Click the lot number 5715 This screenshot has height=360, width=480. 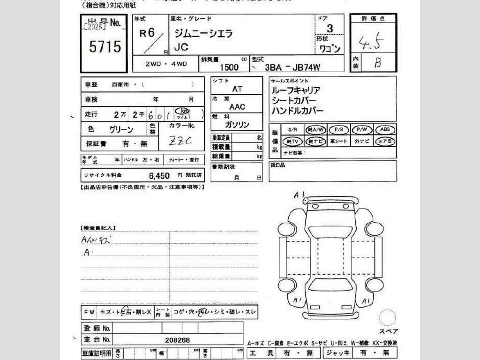pyautogui.click(x=105, y=46)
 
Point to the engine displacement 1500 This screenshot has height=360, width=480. pyautogui.click(x=229, y=67)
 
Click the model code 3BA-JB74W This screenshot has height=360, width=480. pyautogui.click(x=292, y=67)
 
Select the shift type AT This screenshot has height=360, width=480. pyautogui.click(x=237, y=89)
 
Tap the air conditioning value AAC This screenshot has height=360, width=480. pyautogui.click(x=237, y=107)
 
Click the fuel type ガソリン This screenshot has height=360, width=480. pyautogui.click(x=237, y=125)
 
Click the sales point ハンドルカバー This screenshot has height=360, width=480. pyautogui.click(x=297, y=111)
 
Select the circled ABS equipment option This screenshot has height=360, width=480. pyautogui.click(x=385, y=130)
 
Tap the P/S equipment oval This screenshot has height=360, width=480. pyautogui.click(x=339, y=130)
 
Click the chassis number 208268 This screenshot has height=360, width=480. pyautogui.click(x=178, y=340)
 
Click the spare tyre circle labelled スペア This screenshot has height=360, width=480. pyautogui.click(x=388, y=317)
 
